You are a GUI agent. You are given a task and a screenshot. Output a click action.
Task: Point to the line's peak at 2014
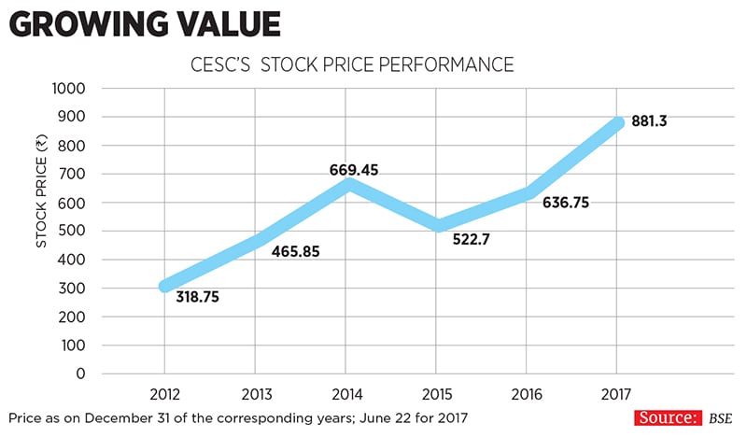pos(346,184)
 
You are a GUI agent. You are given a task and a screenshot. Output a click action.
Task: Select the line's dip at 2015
pos(436,225)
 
